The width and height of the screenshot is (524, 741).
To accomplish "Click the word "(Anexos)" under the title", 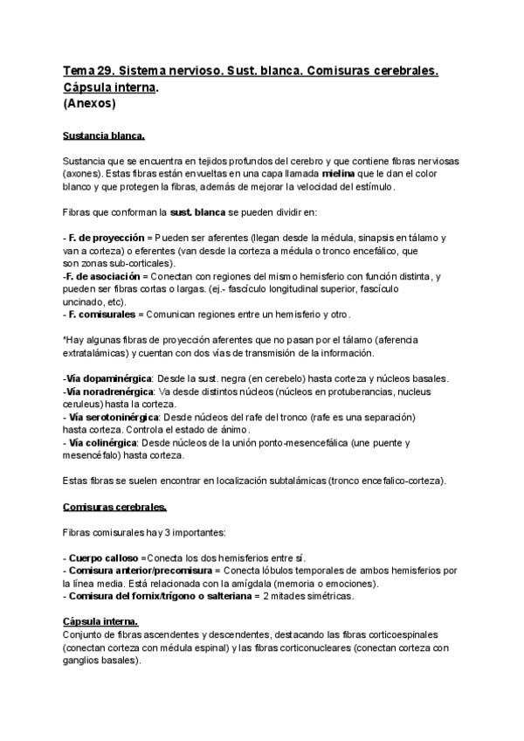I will (90, 102).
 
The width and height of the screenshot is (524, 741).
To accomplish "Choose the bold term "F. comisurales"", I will (101, 314).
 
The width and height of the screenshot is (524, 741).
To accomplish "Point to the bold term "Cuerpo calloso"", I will (103, 557).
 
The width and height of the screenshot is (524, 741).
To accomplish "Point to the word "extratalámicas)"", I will (97, 353).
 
